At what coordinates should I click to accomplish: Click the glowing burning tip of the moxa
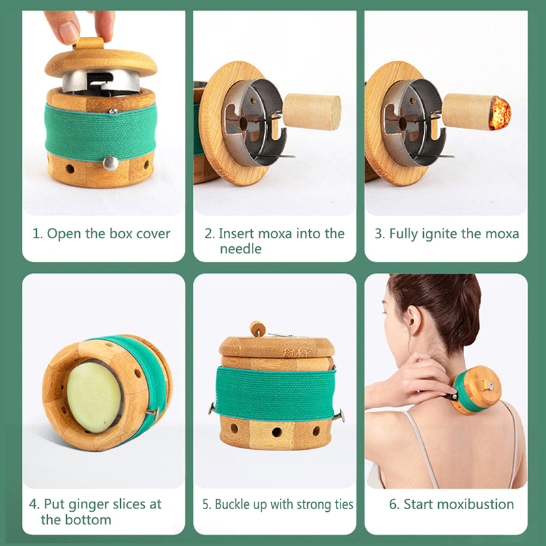coord(500,113)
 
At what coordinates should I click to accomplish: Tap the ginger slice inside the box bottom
coord(94,397)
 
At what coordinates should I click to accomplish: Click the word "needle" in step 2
coord(241,249)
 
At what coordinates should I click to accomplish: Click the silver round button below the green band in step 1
coord(111,163)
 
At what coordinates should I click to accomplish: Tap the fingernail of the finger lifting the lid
coord(68,33)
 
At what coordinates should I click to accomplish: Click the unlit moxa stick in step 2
coord(312,112)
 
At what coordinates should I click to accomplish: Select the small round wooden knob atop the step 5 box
coord(258,329)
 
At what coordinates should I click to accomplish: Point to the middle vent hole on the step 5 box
coord(277,432)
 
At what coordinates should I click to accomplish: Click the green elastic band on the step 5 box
coord(275,394)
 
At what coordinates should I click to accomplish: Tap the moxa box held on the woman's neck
coord(476,390)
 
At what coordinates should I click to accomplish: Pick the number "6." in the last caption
coord(394,504)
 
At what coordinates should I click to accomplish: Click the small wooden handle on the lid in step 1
coord(90,44)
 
